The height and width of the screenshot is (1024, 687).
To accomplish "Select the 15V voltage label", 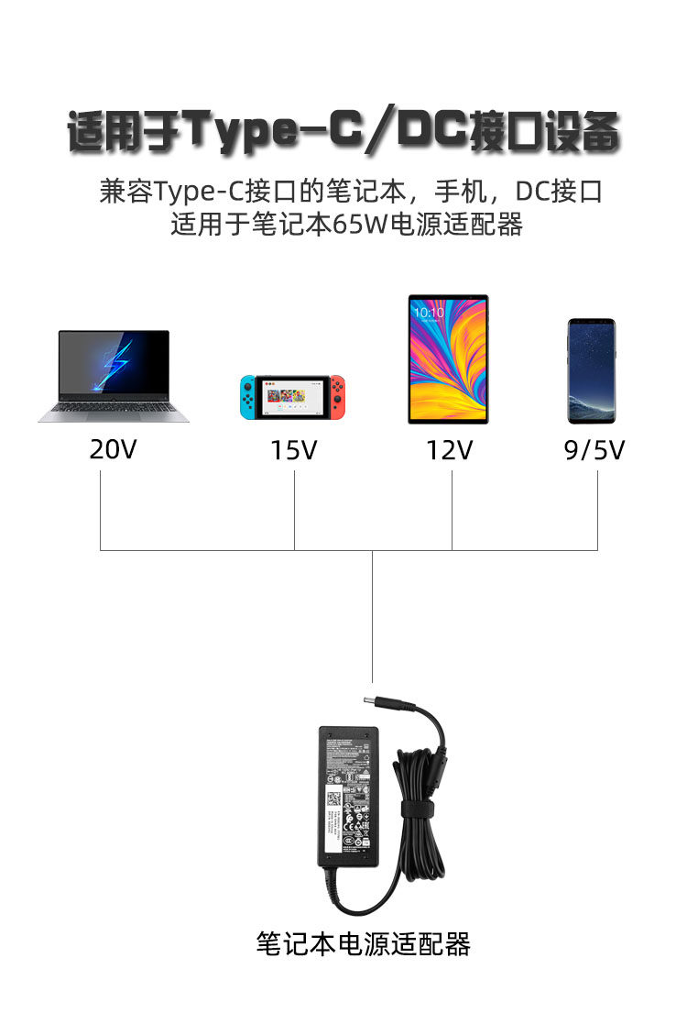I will pos(293,450).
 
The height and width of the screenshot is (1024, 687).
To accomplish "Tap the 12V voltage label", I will pos(450,450).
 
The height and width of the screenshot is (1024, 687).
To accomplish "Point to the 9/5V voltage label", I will pos(594,450).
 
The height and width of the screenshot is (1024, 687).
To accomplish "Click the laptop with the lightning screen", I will pos(114,376).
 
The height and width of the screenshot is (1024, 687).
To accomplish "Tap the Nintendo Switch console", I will pos(293,396).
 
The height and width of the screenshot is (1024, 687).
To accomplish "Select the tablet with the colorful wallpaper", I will pos(448,358).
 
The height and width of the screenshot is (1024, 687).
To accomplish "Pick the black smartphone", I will pos(591,370).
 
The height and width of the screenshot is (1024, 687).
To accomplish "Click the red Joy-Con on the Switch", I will pos(338,396).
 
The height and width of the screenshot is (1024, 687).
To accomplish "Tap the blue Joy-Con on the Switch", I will pos(249,396).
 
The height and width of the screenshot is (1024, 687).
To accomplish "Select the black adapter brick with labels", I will pos(348,796).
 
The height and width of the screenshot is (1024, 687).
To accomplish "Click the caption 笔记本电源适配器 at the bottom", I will pos(363,943).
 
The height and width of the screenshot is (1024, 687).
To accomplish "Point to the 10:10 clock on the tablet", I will pos(428,312).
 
